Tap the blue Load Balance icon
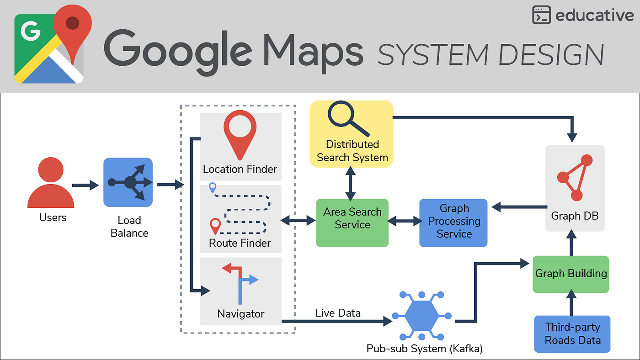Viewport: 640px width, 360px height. coord(128,182)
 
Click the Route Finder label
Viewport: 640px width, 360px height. coord(240,243)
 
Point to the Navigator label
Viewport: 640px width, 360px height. coord(241,314)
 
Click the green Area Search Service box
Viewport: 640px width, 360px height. coord(352,223)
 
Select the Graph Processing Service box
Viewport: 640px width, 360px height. coord(453,223)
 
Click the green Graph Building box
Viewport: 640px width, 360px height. coord(571,274)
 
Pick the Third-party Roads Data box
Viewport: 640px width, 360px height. coord(572,334)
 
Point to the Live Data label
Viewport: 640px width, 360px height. coord(338,313)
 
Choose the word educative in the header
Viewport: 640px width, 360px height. coord(594,16)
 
